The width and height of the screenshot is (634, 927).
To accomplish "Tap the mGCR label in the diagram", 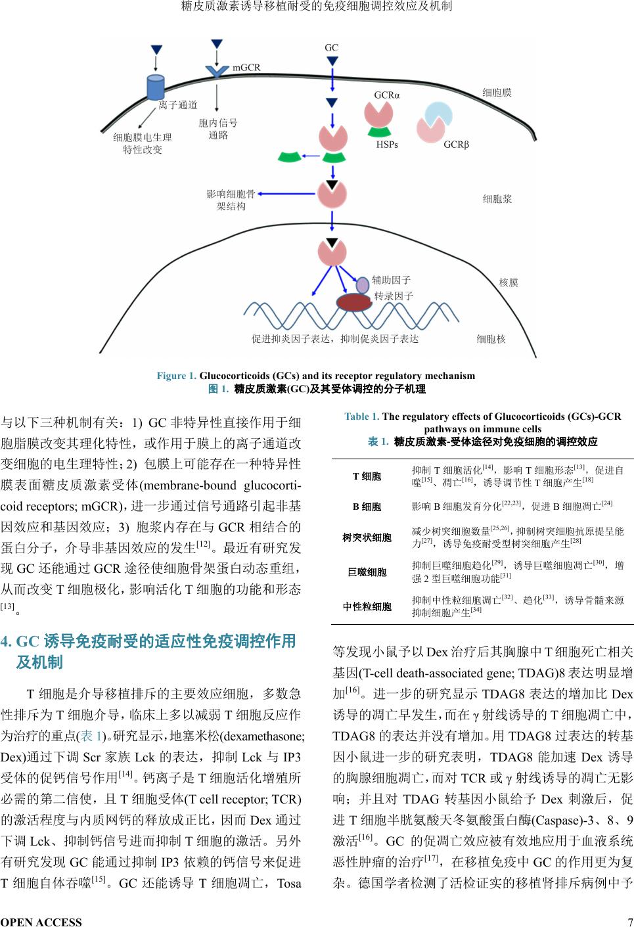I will [x=246, y=67].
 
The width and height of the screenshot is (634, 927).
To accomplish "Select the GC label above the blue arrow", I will [x=331, y=47].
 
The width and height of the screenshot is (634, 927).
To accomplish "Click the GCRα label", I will [x=387, y=95].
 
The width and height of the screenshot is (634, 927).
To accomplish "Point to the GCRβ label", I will [x=457, y=145].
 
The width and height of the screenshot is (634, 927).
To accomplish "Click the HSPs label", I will [x=387, y=145].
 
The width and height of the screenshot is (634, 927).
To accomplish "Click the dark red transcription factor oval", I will [x=354, y=302].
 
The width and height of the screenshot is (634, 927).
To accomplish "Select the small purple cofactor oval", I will [x=363, y=284].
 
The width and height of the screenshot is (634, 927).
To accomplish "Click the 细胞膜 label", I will [x=497, y=93].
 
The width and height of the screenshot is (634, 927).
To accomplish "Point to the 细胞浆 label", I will [x=497, y=198].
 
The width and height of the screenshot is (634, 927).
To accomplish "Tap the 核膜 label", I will [x=509, y=283].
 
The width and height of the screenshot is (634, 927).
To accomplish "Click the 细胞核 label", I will [x=491, y=339].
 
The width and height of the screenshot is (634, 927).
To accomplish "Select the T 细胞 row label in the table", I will [x=367, y=476].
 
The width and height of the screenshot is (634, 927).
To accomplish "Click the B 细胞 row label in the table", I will [x=367, y=507].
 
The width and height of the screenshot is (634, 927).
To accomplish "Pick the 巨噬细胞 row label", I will [x=367, y=572].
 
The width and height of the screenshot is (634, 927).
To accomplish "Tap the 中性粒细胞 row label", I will [x=367, y=606].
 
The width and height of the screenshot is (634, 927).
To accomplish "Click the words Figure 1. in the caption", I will [x=176, y=376].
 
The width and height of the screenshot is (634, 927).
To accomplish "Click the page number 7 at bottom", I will [x=629, y=922].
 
